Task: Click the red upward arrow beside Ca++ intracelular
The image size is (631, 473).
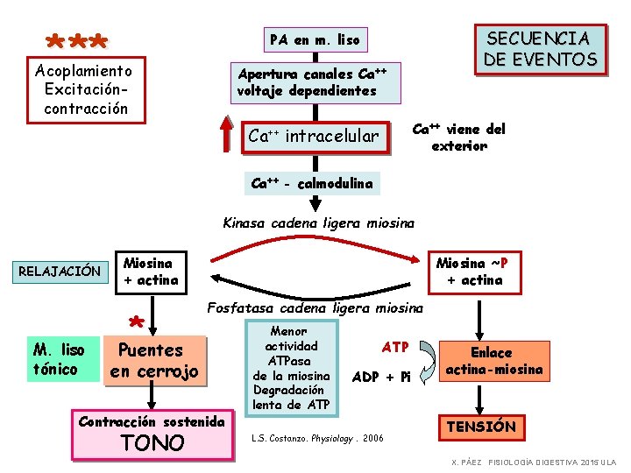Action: pyautogui.click(x=229, y=135)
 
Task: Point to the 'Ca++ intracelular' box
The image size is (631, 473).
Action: pyautogui.click(x=313, y=136)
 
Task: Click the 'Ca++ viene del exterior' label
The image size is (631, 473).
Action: pyautogui.click(x=459, y=138)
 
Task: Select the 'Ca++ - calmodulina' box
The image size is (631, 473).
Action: pyautogui.click(x=312, y=184)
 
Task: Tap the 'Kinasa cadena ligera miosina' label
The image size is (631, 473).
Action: pyautogui.click(x=319, y=222)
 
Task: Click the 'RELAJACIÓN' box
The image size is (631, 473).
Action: pyautogui.click(x=60, y=271)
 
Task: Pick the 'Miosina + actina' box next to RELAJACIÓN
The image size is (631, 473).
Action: pyautogui.click(x=151, y=271)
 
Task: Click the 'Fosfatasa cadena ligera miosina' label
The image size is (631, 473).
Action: pyautogui.click(x=315, y=307)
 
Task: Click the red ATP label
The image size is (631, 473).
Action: pyautogui.click(x=395, y=347)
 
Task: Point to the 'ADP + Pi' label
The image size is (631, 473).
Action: pyautogui.click(x=380, y=378)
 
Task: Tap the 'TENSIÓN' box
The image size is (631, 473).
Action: pyautogui.click(x=481, y=427)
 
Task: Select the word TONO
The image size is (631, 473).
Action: pyautogui.click(x=152, y=442)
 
